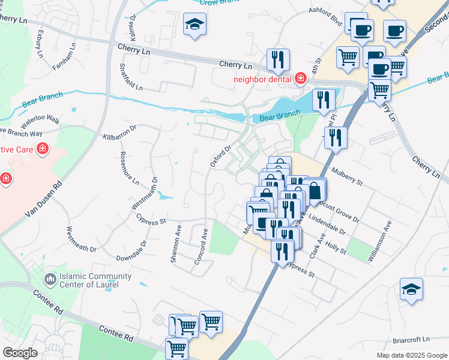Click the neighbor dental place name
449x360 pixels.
pos(262,79)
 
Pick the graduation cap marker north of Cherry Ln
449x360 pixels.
pos(194,25)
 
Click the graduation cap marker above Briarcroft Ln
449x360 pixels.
pos(411,289)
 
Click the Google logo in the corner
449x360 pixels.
pos(20,353)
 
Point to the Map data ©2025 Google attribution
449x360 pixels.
pos(411,355)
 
